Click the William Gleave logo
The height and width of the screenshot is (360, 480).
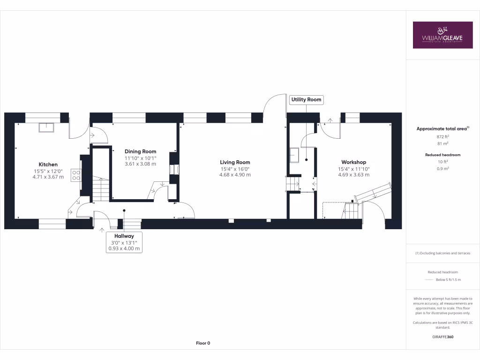(442, 35)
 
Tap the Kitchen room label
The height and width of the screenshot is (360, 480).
(48, 165)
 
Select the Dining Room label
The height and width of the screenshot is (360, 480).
(140, 151)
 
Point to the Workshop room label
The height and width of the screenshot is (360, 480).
(354, 162)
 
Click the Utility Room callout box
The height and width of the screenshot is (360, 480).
(307, 99)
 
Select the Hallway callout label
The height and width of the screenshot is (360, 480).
(124, 236)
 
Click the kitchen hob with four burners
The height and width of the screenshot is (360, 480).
(75, 175)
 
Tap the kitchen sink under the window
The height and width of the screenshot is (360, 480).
(47, 127)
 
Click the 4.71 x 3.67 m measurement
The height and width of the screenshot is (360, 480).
(48, 177)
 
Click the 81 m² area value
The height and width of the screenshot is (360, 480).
(443, 143)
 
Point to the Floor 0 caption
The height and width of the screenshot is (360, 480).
(203, 343)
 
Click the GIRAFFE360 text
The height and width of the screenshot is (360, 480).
(443, 337)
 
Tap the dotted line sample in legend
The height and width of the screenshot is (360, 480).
(429, 280)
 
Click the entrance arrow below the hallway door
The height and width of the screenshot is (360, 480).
(102, 229)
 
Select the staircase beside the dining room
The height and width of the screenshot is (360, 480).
(101, 187)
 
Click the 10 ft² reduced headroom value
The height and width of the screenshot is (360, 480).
(443, 162)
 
